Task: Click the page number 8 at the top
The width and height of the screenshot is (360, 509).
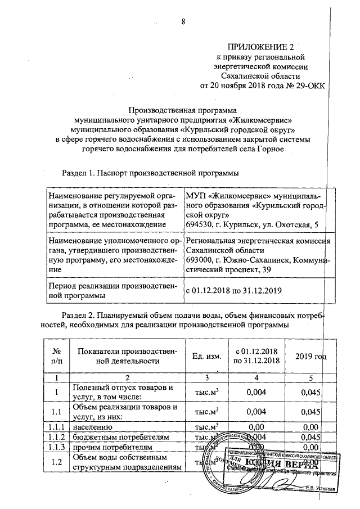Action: coord(183,22)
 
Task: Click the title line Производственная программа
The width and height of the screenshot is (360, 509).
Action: coord(183,110)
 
